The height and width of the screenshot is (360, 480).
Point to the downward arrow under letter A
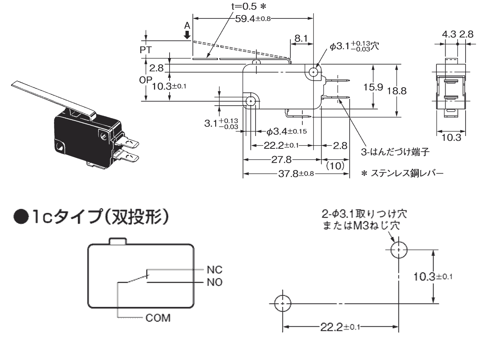[187, 35]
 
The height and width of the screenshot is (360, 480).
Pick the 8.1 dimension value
[301, 38]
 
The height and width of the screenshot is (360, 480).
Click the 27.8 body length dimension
[281, 160]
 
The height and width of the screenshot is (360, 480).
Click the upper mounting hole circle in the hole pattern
[398, 250]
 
